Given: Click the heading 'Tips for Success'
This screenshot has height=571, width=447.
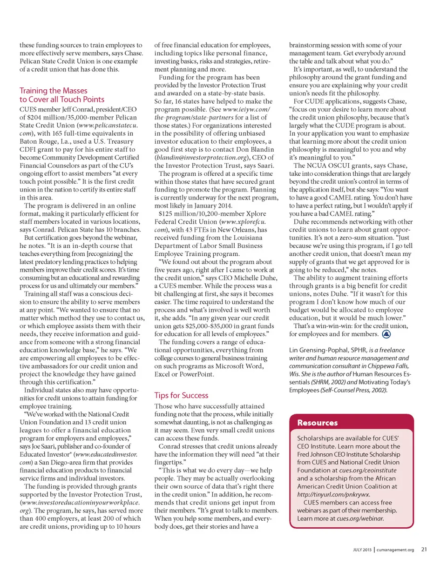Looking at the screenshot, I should tap(181, 395).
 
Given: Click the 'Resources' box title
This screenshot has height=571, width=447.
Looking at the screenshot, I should tap(318, 423).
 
